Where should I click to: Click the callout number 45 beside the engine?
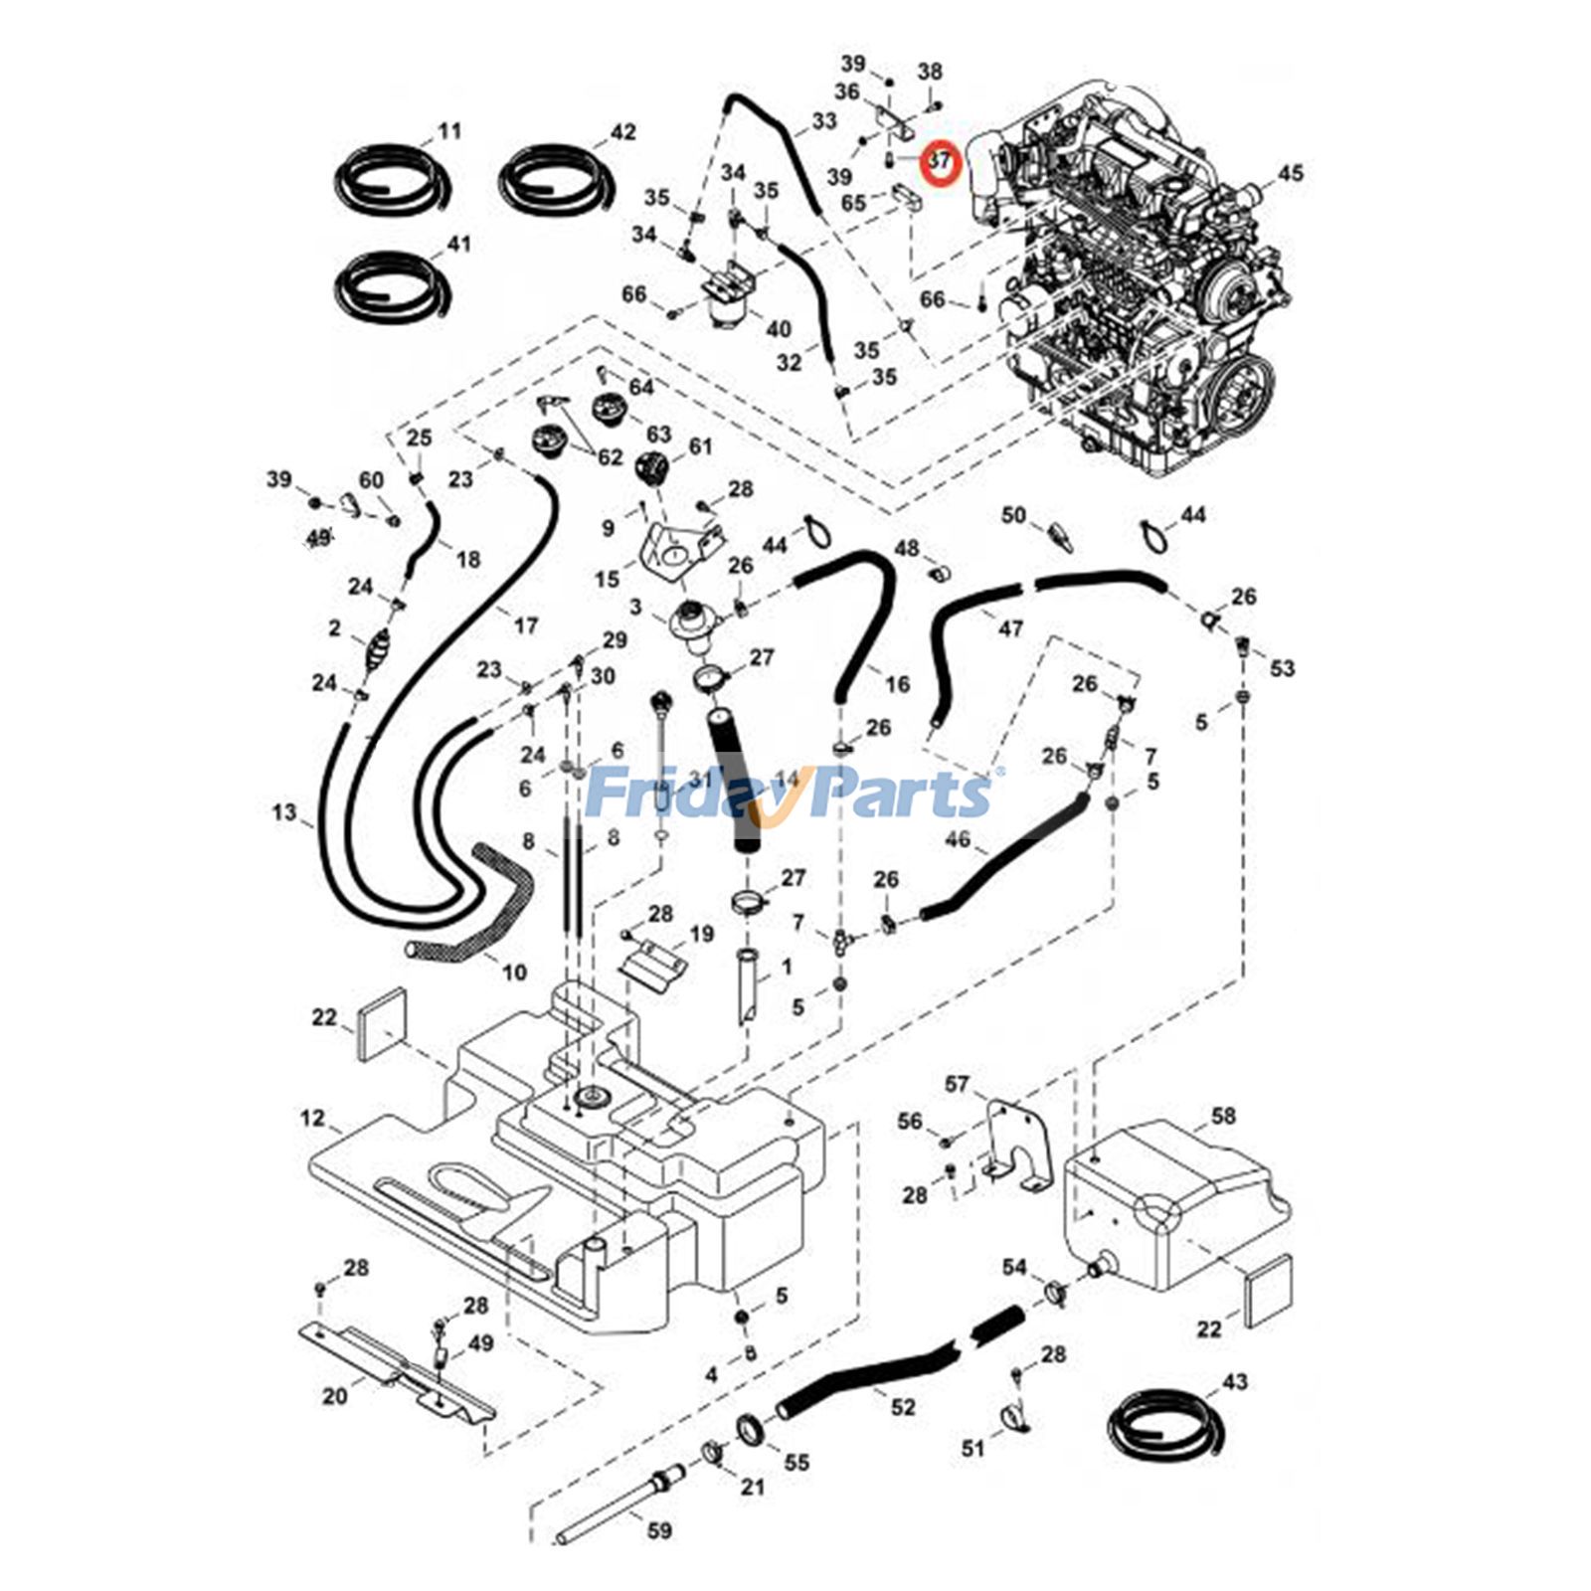point(1289,173)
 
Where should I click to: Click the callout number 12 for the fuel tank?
point(312,1118)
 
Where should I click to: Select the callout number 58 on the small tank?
point(1223,1116)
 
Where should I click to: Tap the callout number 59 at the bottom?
point(659,1530)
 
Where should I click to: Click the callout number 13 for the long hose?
point(284,812)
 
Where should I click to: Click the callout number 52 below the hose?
point(903,1408)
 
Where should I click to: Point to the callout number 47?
point(1010,628)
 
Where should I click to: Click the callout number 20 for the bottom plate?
point(335,1396)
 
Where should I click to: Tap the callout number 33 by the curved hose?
point(824,121)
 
